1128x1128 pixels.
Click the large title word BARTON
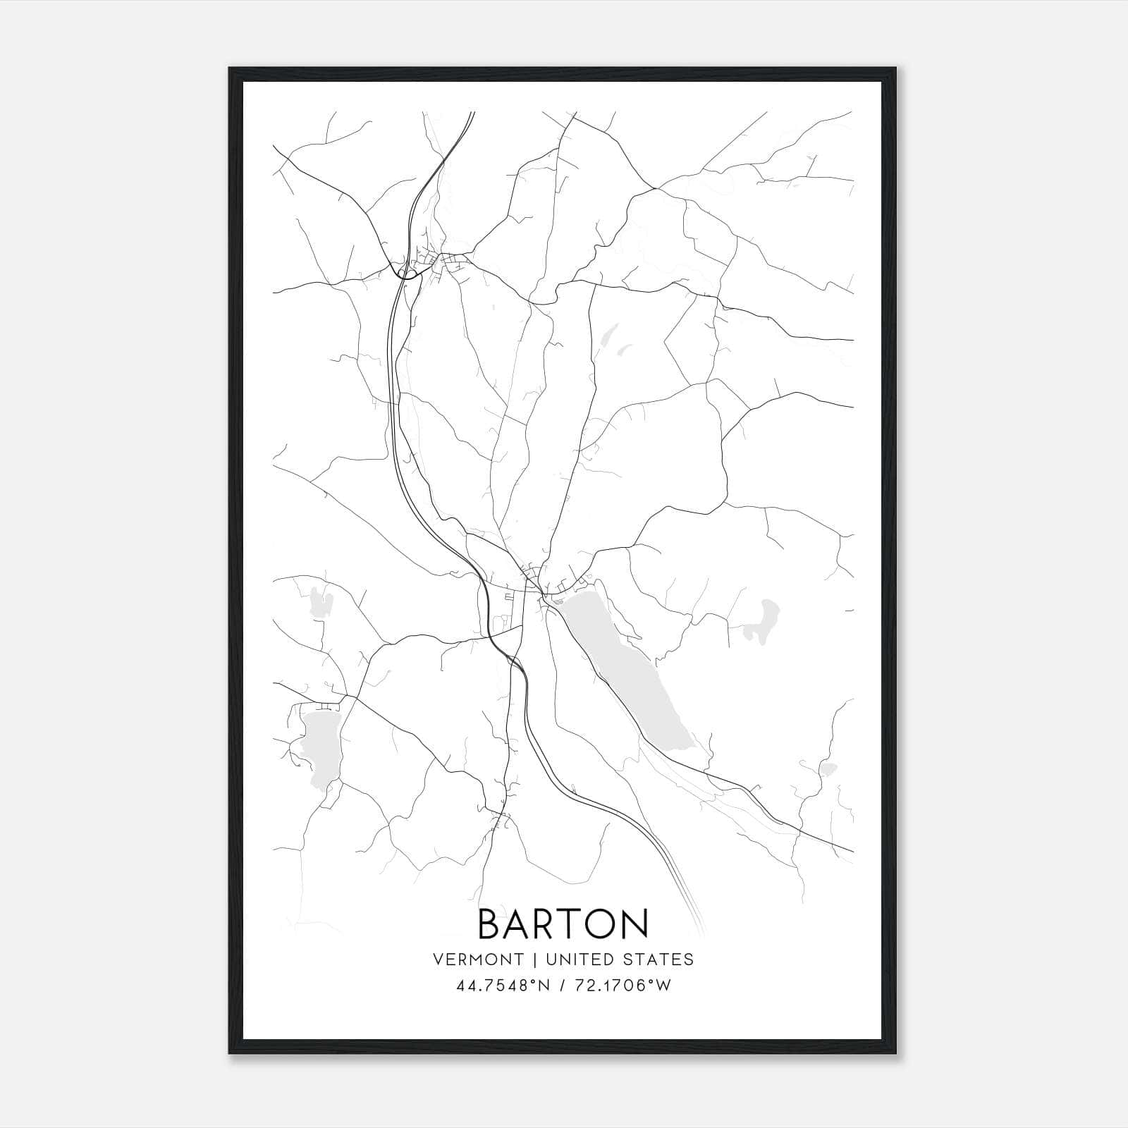pyautogui.click(x=563, y=923)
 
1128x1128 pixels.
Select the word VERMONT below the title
pyautogui.click(x=479, y=960)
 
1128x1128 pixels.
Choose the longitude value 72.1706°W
pyautogui.click(x=624, y=986)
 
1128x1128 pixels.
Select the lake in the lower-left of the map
pyautogui.click(x=321, y=747)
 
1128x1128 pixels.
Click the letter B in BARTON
pyautogui.click(x=491, y=923)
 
